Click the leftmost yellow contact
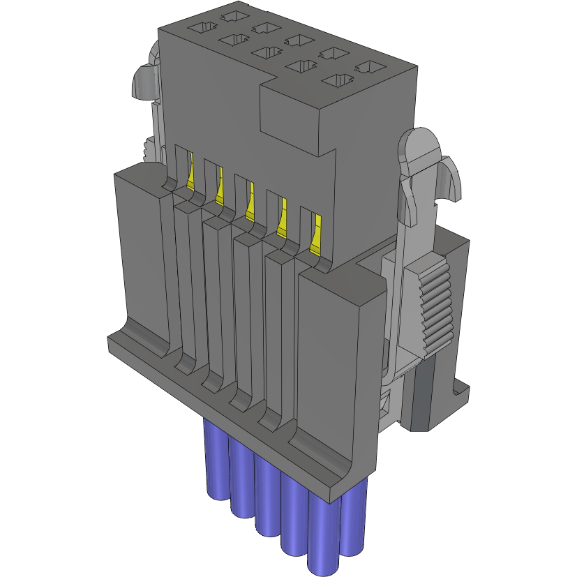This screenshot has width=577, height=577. pos(190,172)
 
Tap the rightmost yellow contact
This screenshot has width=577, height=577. pos(316,233)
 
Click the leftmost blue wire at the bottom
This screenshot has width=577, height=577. pos(216,460)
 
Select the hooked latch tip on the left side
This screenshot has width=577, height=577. pos(143,80)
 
